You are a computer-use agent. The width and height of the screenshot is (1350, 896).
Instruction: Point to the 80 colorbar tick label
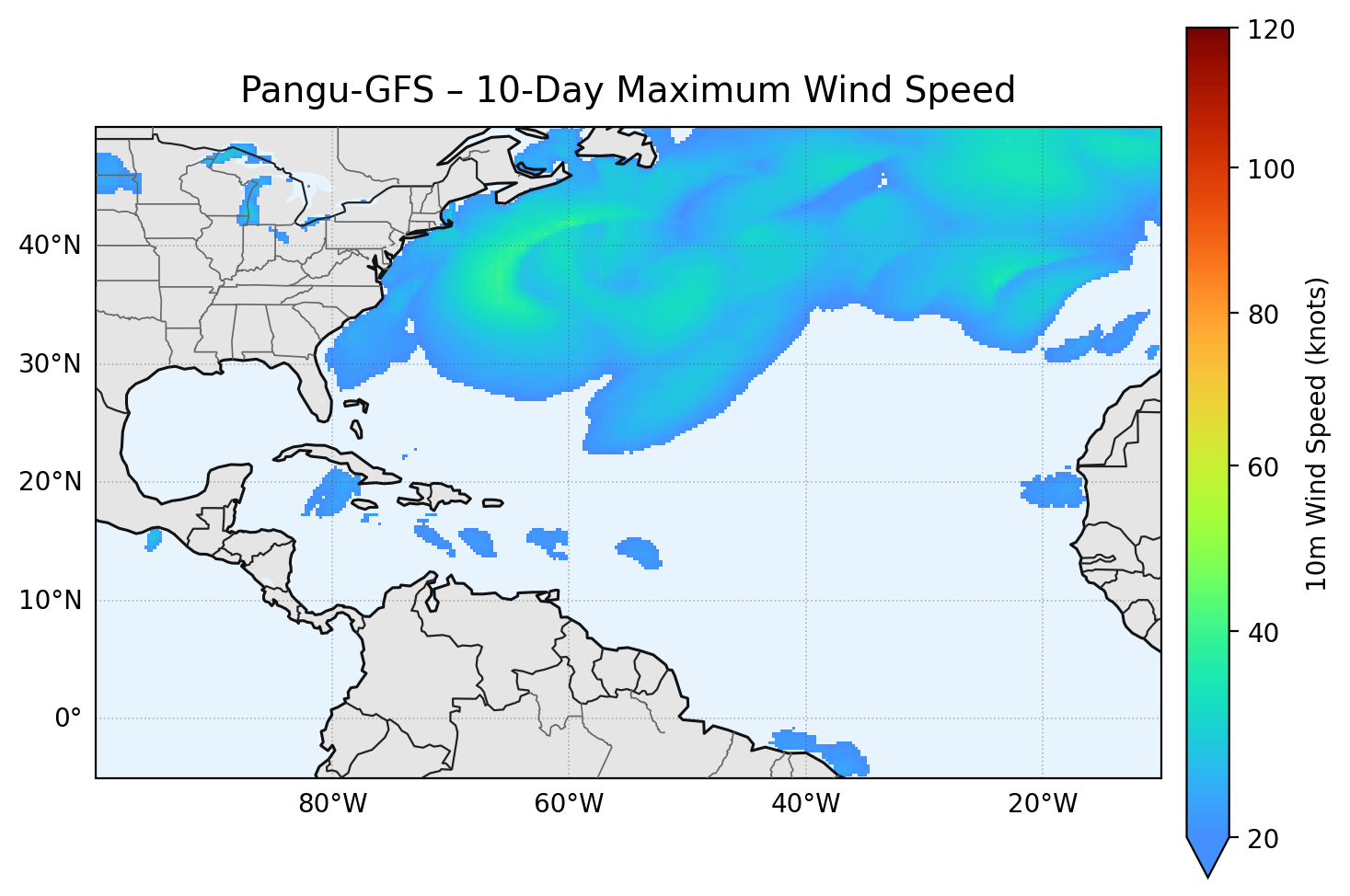(1266, 315)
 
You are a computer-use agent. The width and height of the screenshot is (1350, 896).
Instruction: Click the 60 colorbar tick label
(1266, 467)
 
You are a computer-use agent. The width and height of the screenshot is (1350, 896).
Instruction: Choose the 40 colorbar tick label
(1266, 633)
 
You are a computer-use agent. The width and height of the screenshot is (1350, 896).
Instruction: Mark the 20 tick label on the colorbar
(1266, 839)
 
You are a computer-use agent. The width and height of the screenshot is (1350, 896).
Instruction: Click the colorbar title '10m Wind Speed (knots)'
(1317, 433)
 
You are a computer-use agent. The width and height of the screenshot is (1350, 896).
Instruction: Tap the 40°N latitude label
(50, 246)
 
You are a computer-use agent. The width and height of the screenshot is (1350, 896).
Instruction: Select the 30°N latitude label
(50, 364)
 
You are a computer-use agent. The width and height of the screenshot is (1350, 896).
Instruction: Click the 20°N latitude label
(50, 482)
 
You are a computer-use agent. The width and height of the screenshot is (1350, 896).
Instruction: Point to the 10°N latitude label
(50, 601)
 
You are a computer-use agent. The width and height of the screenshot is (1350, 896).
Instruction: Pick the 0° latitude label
(68, 718)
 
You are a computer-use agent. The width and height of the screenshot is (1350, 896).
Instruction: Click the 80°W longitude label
(332, 804)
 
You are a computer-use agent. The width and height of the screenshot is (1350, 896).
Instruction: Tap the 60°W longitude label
(569, 804)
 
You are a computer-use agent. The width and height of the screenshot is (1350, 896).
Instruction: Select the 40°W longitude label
(805, 804)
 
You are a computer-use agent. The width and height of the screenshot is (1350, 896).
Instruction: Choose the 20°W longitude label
(1042, 804)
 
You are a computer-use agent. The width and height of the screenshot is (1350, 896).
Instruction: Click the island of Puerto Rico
(493, 503)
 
